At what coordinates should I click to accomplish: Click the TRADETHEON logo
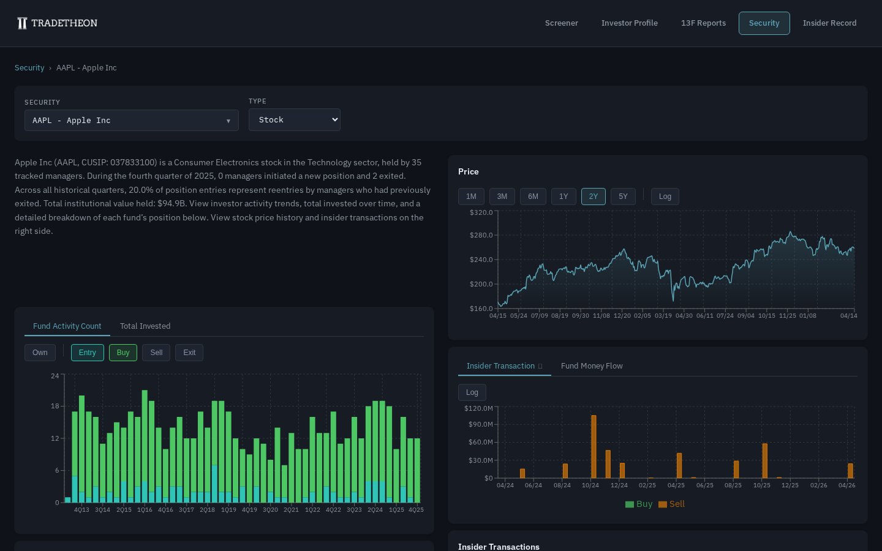pos(57,23)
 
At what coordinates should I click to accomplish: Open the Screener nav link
pos(561,23)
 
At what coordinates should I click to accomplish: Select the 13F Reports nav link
pos(703,23)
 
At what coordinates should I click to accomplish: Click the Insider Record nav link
pos(829,23)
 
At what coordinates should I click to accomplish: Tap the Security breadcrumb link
pos(29,68)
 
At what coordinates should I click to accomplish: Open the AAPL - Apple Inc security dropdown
pos(131,121)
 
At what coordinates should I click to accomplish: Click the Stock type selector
pos(294,120)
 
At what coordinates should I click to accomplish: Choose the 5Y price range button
pos(623,197)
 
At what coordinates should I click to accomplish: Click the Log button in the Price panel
pos(665,197)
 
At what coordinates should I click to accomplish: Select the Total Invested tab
pos(145,326)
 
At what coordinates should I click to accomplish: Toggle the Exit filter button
pos(189,353)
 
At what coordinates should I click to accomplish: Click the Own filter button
pos(40,353)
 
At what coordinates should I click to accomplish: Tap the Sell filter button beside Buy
pos(156,353)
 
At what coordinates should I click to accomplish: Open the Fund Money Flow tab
pos(592,366)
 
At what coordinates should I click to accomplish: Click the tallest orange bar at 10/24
pos(594,447)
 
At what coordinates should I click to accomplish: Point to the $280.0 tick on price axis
pos(481,235)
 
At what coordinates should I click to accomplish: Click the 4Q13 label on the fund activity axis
pos(81,510)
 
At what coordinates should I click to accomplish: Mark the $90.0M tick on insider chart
pos(480,424)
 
